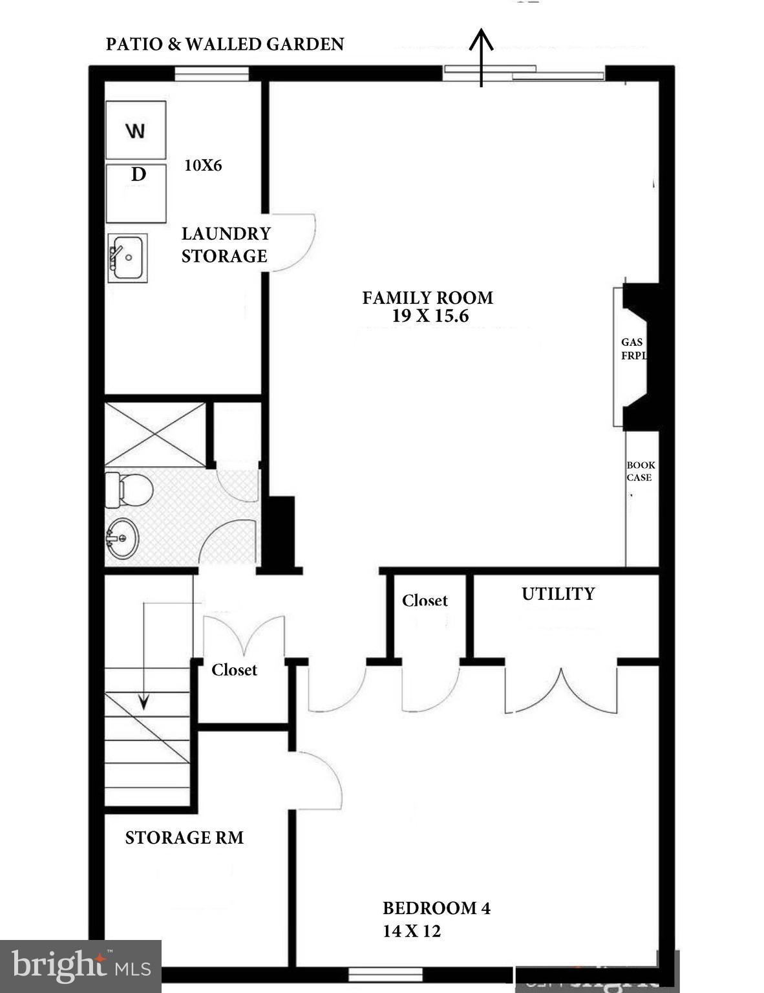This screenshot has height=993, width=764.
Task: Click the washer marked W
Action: tap(136, 130)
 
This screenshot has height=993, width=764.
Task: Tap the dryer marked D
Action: tap(136, 193)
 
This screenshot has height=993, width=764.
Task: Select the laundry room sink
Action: tap(127, 258)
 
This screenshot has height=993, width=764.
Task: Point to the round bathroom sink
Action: tap(122, 538)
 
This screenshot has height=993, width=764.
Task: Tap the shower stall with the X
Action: tap(155, 434)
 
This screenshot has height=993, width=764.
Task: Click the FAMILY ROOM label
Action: tap(427, 298)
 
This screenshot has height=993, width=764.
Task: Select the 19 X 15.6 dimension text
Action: tap(429, 316)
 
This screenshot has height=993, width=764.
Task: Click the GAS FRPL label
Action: tap(633, 348)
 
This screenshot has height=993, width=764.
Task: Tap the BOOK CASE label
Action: tap(640, 471)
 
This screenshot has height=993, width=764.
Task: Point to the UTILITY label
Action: tap(558, 593)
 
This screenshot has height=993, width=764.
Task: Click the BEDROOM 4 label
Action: tap(436, 908)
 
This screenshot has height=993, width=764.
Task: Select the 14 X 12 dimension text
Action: tap(412, 931)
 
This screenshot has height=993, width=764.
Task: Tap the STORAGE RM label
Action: tap(184, 838)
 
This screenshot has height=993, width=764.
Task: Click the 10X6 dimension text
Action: tap(203, 165)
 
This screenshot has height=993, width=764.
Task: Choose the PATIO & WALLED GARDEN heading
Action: tap(225, 44)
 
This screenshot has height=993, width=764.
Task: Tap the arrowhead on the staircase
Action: tap(143, 701)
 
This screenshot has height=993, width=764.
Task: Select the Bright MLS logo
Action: tap(80, 966)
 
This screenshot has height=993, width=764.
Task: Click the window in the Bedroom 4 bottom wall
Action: tap(385, 974)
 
